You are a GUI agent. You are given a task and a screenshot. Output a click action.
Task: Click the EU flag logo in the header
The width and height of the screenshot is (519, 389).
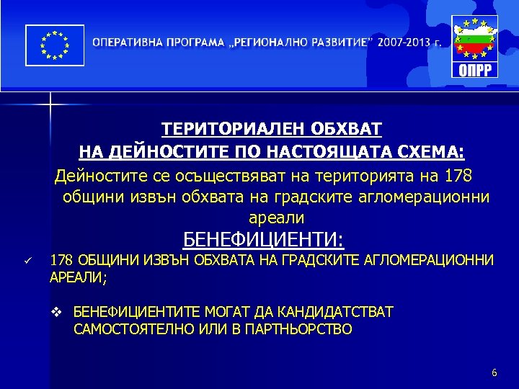[x=53, y=45]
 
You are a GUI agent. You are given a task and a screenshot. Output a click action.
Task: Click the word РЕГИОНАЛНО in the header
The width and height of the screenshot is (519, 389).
[x=271, y=42]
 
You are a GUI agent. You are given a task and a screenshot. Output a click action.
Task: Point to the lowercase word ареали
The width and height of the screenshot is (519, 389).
[x=276, y=218]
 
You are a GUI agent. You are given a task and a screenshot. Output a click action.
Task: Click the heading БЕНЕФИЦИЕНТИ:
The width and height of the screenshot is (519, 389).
[x=264, y=238]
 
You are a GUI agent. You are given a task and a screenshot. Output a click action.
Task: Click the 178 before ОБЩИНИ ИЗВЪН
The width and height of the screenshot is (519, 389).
[x=61, y=260]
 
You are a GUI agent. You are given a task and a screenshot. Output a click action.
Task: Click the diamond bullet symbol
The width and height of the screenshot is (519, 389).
[x=60, y=312]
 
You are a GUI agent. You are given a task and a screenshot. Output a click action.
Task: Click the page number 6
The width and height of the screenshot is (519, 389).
[x=494, y=372]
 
